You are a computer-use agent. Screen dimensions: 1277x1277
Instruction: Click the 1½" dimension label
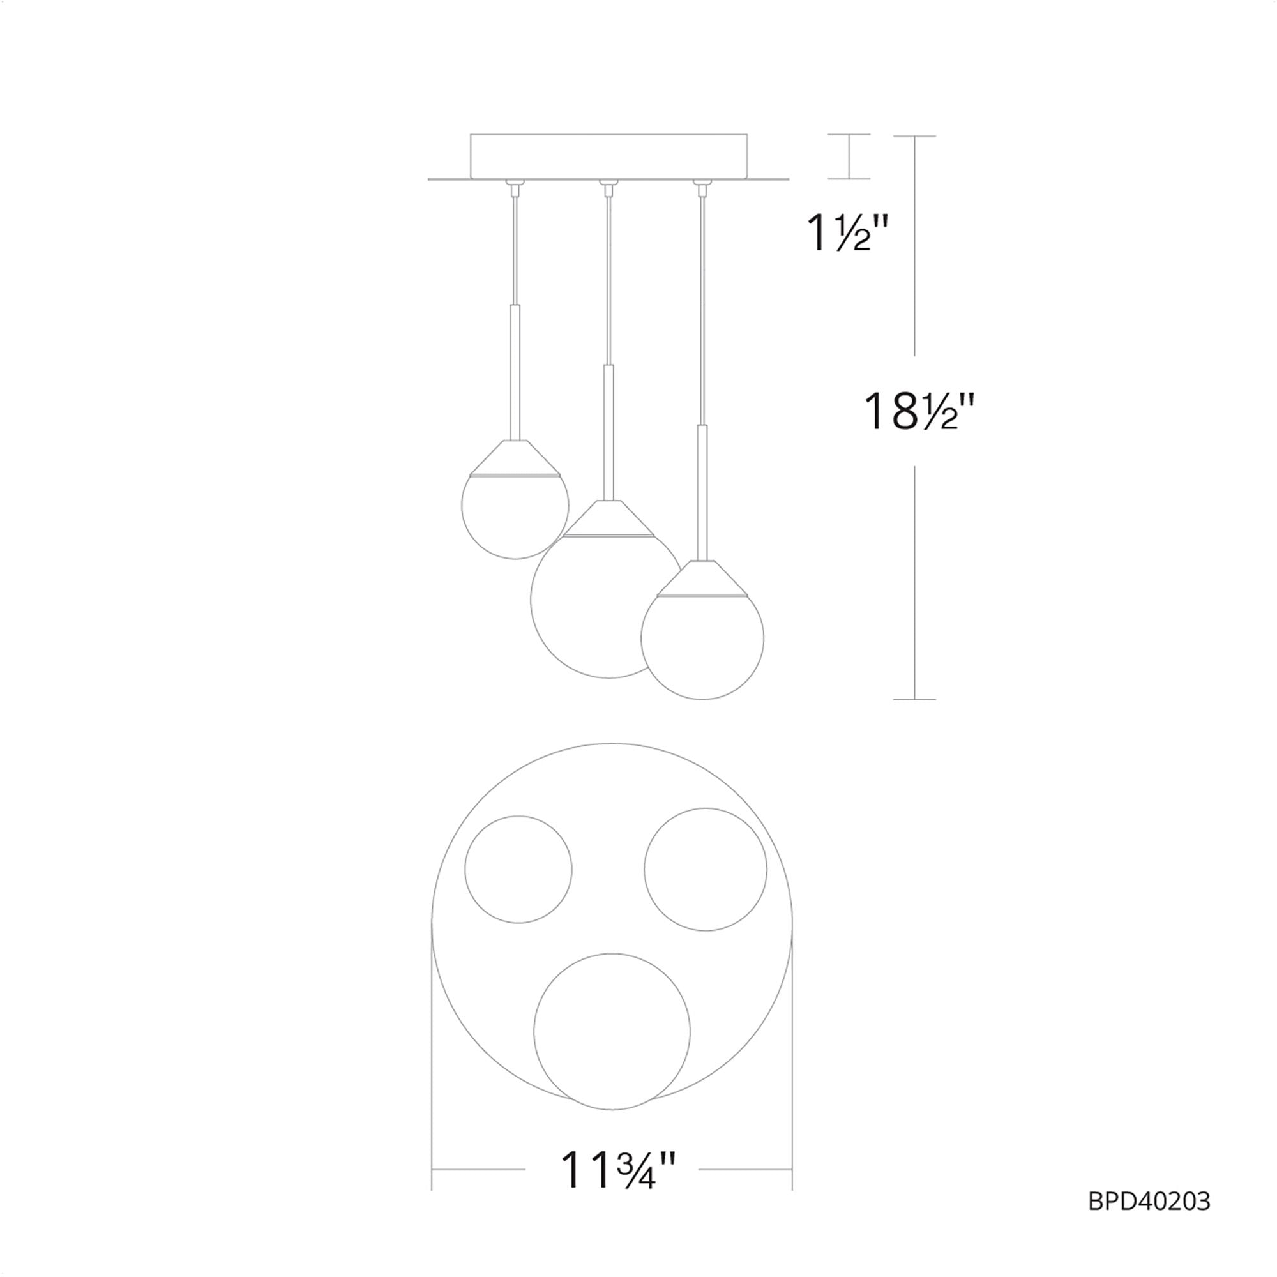coord(849,232)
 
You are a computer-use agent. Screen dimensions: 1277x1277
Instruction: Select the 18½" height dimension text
coord(919,411)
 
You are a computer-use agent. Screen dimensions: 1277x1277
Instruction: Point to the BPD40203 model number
coord(1149,1201)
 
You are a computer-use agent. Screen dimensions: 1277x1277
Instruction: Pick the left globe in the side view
coord(515,515)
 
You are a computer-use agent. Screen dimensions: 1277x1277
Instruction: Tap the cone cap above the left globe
coord(515,457)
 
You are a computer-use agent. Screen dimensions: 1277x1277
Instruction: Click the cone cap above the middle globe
coord(608,517)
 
